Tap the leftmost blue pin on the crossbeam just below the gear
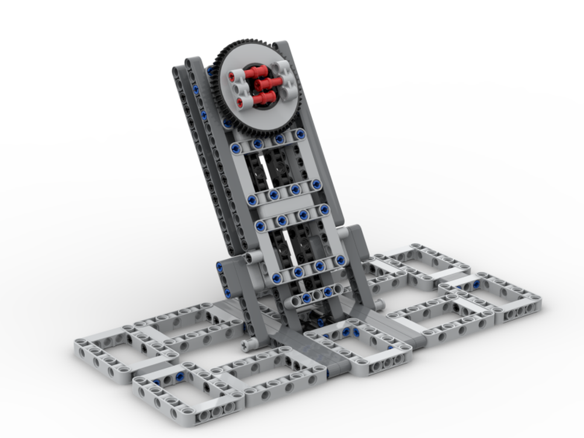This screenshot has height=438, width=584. [x=236, y=148]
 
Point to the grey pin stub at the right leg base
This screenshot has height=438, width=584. [x=379, y=305]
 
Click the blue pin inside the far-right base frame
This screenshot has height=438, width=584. [x=476, y=284]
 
